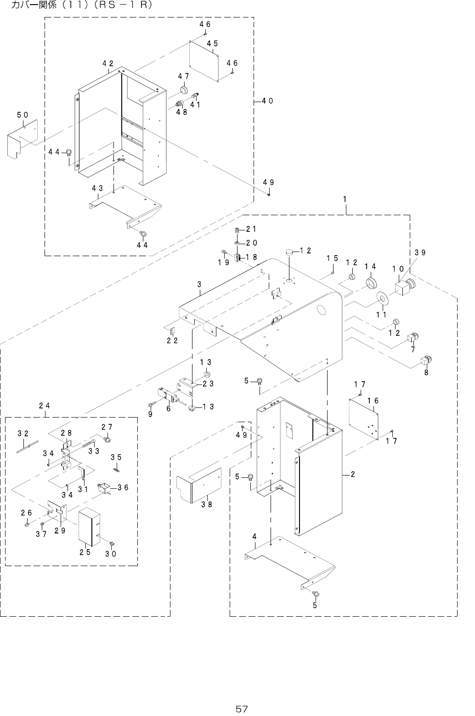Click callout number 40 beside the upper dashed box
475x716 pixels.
[268, 100]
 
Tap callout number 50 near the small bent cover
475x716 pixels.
[23, 114]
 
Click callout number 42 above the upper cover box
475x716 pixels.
[108, 64]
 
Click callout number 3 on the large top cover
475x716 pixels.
[199, 284]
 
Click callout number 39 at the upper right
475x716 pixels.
[419, 252]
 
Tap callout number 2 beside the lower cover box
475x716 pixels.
[352, 474]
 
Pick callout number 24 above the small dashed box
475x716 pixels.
[45, 406]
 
